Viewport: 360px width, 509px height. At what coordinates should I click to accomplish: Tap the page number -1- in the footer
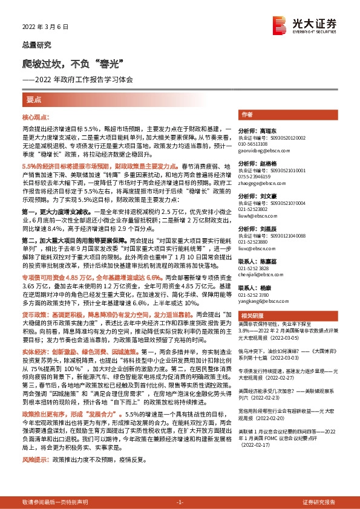[x=179, y=502]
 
